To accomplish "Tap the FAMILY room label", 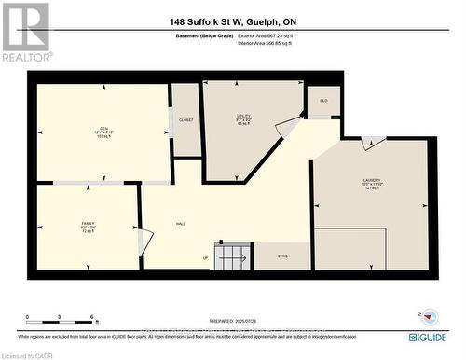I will pos(87,225).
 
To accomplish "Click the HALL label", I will pos(181,225).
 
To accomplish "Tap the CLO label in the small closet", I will pos(323,100).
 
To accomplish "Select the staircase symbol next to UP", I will pos(234,255).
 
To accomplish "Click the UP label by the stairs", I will pos(206,258).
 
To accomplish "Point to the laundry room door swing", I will pos(373,143).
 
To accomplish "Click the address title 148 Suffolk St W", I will pos(233,21).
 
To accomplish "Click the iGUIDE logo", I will pos(432,336).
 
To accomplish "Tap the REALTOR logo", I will pos(26,32).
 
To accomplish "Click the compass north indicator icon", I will pos(428,312).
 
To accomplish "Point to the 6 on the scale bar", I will pos(91,318).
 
